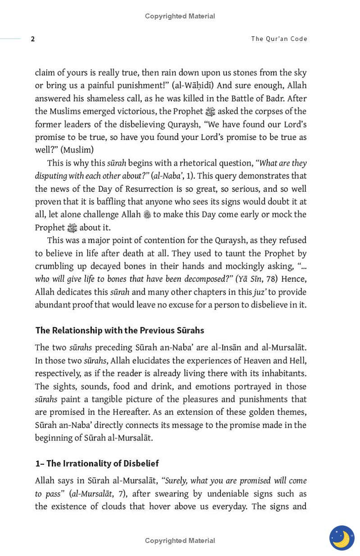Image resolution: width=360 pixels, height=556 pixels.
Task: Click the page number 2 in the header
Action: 32,39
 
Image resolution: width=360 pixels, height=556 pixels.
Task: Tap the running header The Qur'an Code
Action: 279,39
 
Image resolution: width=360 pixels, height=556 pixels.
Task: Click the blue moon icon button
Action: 342,538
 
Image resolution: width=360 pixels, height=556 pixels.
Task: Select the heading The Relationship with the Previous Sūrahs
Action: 119,330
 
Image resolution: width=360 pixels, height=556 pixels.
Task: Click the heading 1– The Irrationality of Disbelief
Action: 97,463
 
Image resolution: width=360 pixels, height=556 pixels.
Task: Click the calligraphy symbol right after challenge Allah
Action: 147,215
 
